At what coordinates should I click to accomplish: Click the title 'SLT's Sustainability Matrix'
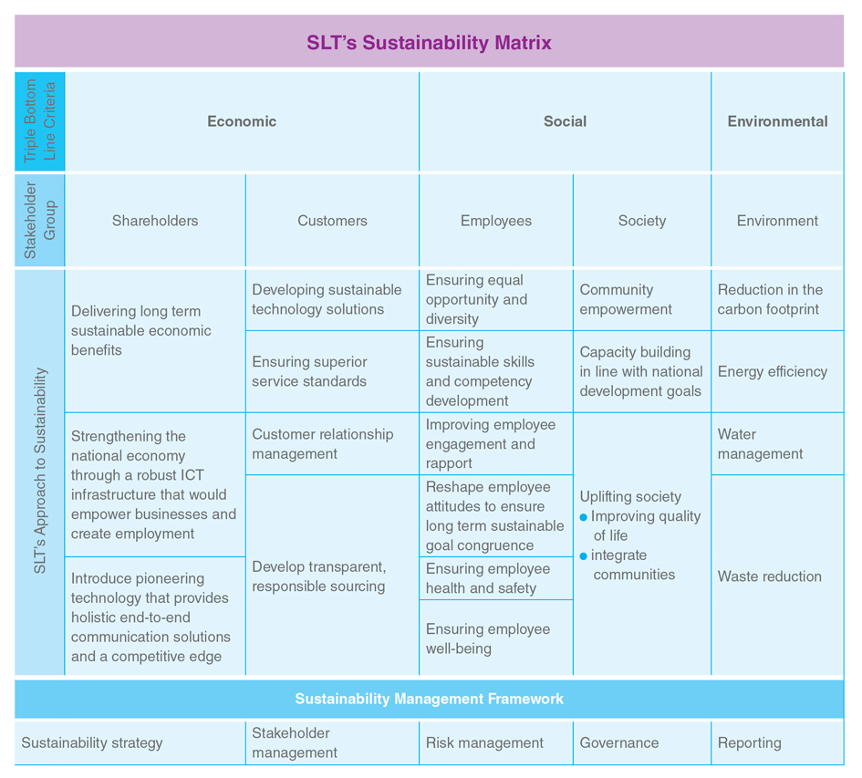point(429,42)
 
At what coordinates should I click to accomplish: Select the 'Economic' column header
point(242,121)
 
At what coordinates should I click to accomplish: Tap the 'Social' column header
point(566,121)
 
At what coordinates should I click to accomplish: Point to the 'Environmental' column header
point(777,121)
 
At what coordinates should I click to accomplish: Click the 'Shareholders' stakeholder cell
point(155,221)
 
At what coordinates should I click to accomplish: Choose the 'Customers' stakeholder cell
point(333,221)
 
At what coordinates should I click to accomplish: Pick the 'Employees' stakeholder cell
point(496,221)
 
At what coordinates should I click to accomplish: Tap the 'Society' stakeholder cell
point(642,221)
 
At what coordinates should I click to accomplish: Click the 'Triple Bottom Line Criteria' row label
point(39,121)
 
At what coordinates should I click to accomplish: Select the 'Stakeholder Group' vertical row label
point(39,221)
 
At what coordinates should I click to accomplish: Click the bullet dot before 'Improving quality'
point(583,517)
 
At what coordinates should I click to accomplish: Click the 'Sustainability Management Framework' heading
point(429,699)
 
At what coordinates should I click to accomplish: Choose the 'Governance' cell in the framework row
point(619,742)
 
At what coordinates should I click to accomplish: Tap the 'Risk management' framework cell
point(484,742)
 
